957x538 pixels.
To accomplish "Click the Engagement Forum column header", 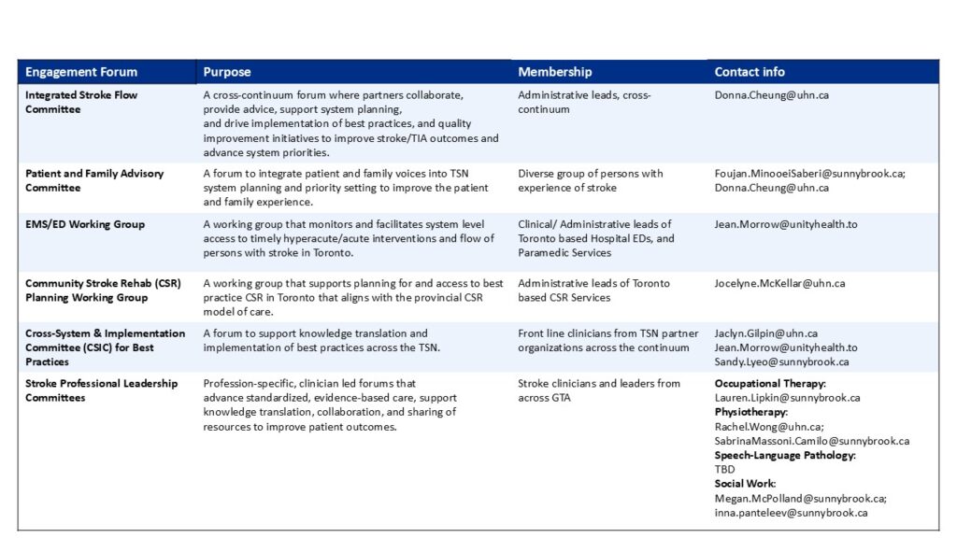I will [x=80, y=72].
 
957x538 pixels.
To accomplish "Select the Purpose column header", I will [x=227, y=72].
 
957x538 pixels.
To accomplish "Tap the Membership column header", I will [x=555, y=72].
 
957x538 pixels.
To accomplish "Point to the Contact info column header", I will [x=750, y=72].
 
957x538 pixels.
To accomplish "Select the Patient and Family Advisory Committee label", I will [x=93, y=180].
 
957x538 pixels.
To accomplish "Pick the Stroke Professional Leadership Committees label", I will [x=101, y=390].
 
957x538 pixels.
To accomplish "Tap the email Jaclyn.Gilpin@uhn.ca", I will [x=765, y=333].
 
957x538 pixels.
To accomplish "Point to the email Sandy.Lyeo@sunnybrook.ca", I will [x=781, y=361].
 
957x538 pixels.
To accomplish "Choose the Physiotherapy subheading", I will [x=750, y=412].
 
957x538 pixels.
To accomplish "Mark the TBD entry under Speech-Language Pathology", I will [x=725, y=469].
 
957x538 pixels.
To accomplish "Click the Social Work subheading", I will [x=743, y=484].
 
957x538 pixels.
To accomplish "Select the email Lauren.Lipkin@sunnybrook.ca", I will [x=787, y=397].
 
